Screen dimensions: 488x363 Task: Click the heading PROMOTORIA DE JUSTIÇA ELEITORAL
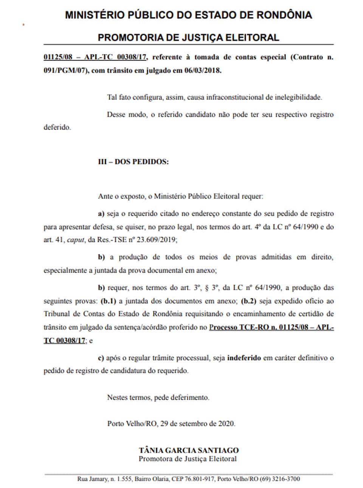pos(188,38)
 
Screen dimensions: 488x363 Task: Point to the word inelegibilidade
pos(294,97)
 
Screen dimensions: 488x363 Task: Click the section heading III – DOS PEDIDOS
pos(133,161)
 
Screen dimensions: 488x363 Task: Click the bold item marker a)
pos(101,214)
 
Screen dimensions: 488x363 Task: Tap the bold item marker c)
pos(101,358)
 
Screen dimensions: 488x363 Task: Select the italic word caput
pos(76,240)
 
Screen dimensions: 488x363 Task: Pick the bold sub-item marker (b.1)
pos(109,301)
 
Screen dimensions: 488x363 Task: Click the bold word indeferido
pos(244,358)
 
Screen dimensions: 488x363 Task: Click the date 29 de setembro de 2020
pos(197,423)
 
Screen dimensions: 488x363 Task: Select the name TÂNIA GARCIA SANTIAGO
pos(189,450)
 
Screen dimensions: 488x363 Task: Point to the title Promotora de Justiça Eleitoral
pos(188,459)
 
